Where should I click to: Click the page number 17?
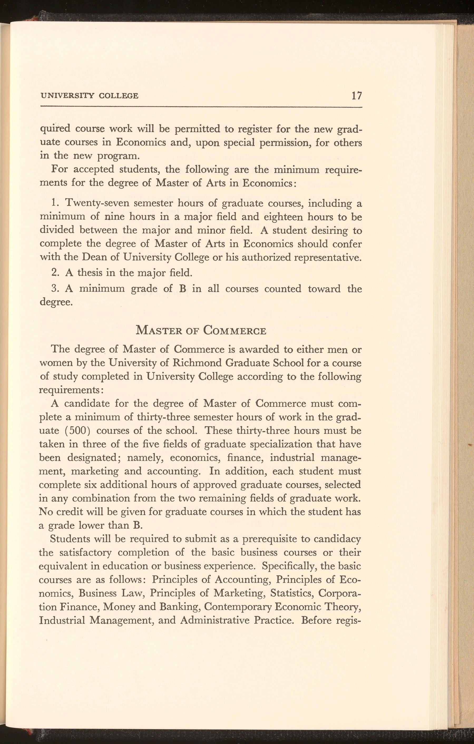pyautogui.click(x=356, y=95)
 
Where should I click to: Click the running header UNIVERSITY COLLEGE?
pyautogui.click(x=89, y=96)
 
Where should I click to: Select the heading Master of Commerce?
pyautogui.click(x=201, y=330)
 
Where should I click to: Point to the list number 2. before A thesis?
pyautogui.click(x=55, y=273)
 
